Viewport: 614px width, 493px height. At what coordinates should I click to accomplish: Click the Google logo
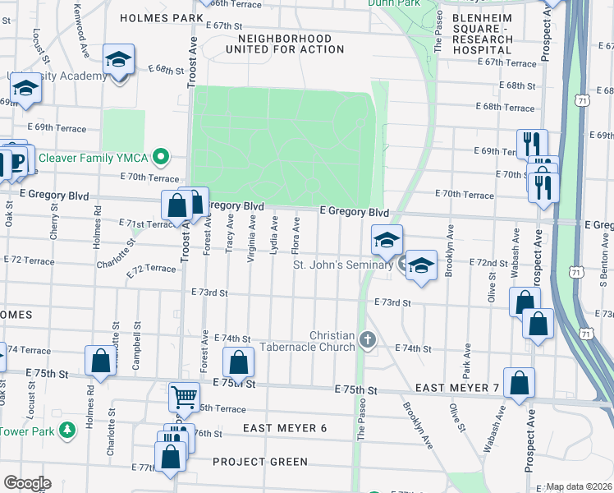[27, 483]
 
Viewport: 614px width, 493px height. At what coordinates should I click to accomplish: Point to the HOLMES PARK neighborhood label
[156, 17]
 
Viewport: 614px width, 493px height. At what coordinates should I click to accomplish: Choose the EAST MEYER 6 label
[285, 428]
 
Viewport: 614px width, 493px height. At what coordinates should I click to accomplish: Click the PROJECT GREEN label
[259, 462]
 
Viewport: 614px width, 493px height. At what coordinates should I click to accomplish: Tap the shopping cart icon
[184, 398]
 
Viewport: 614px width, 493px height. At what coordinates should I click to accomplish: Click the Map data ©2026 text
[579, 486]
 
